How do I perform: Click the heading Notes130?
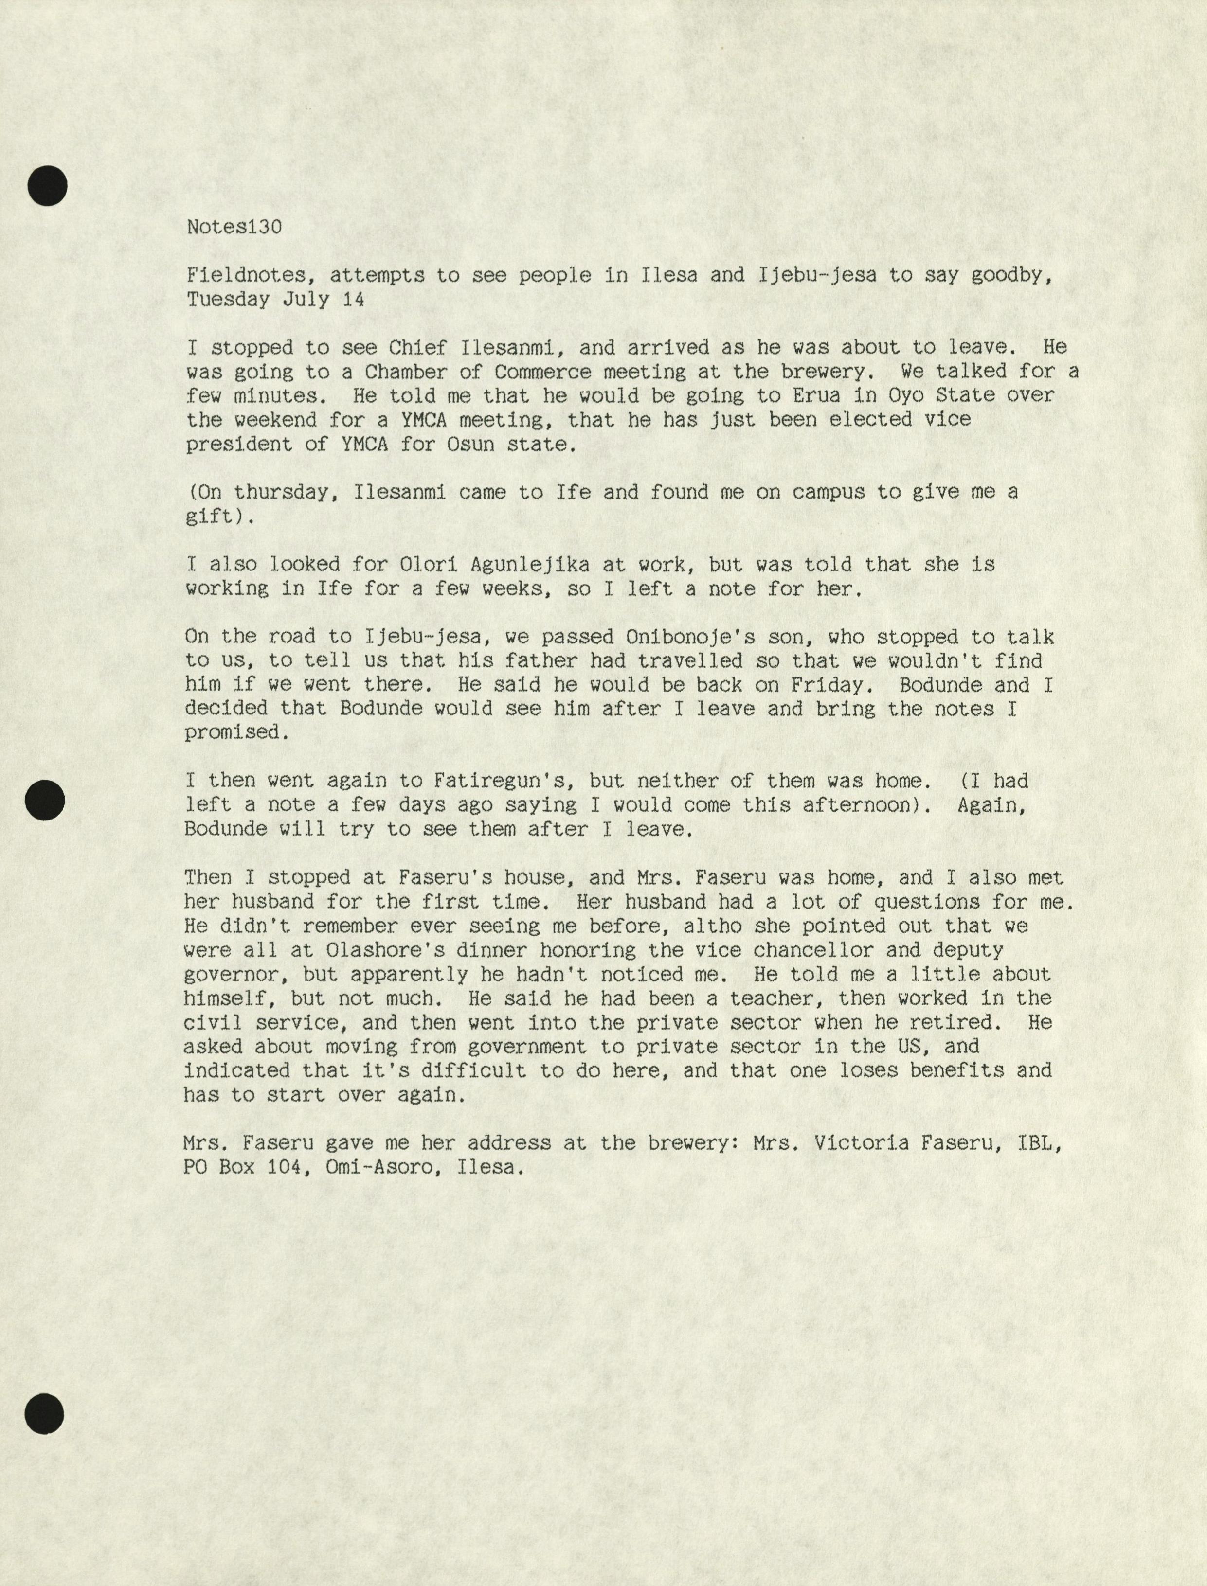(x=234, y=227)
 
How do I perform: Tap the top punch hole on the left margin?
(x=47, y=186)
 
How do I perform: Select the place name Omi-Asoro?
(x=380, y=1167)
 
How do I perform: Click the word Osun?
(x=470, y=445)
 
